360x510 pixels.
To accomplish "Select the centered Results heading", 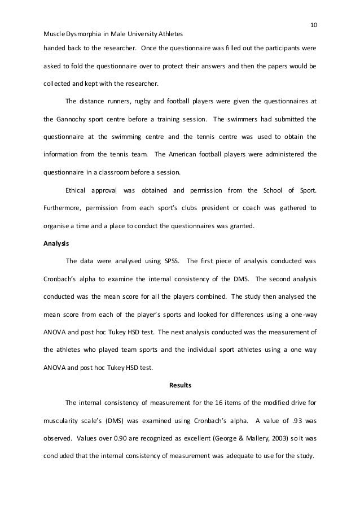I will pyautogui.click(x=180, y=386).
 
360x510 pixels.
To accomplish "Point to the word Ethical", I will pyautogui.click(x=77, y=190).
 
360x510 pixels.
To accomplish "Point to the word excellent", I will pyautogui.click(x=181, y=438).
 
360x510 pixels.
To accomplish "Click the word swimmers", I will pyautogui.click(x=240, y=119).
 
